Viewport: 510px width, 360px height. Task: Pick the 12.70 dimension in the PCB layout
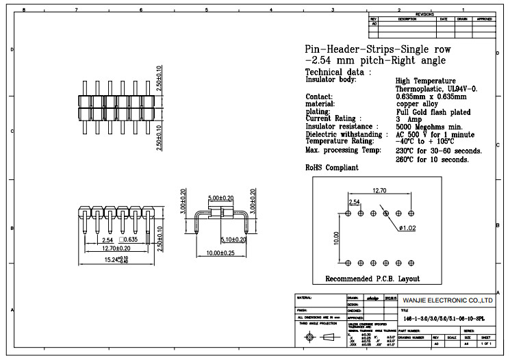coord(380,191)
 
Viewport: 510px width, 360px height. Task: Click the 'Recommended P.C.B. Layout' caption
coord(372,279)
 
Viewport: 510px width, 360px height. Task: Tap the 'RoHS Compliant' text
coord(331,168)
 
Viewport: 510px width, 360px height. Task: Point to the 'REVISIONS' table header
coord(424,14)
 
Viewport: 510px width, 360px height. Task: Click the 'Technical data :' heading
coord(338,72)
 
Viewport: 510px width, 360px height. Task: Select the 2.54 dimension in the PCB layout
coord(355,202)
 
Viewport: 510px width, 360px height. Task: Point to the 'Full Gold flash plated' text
coord(433,112)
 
